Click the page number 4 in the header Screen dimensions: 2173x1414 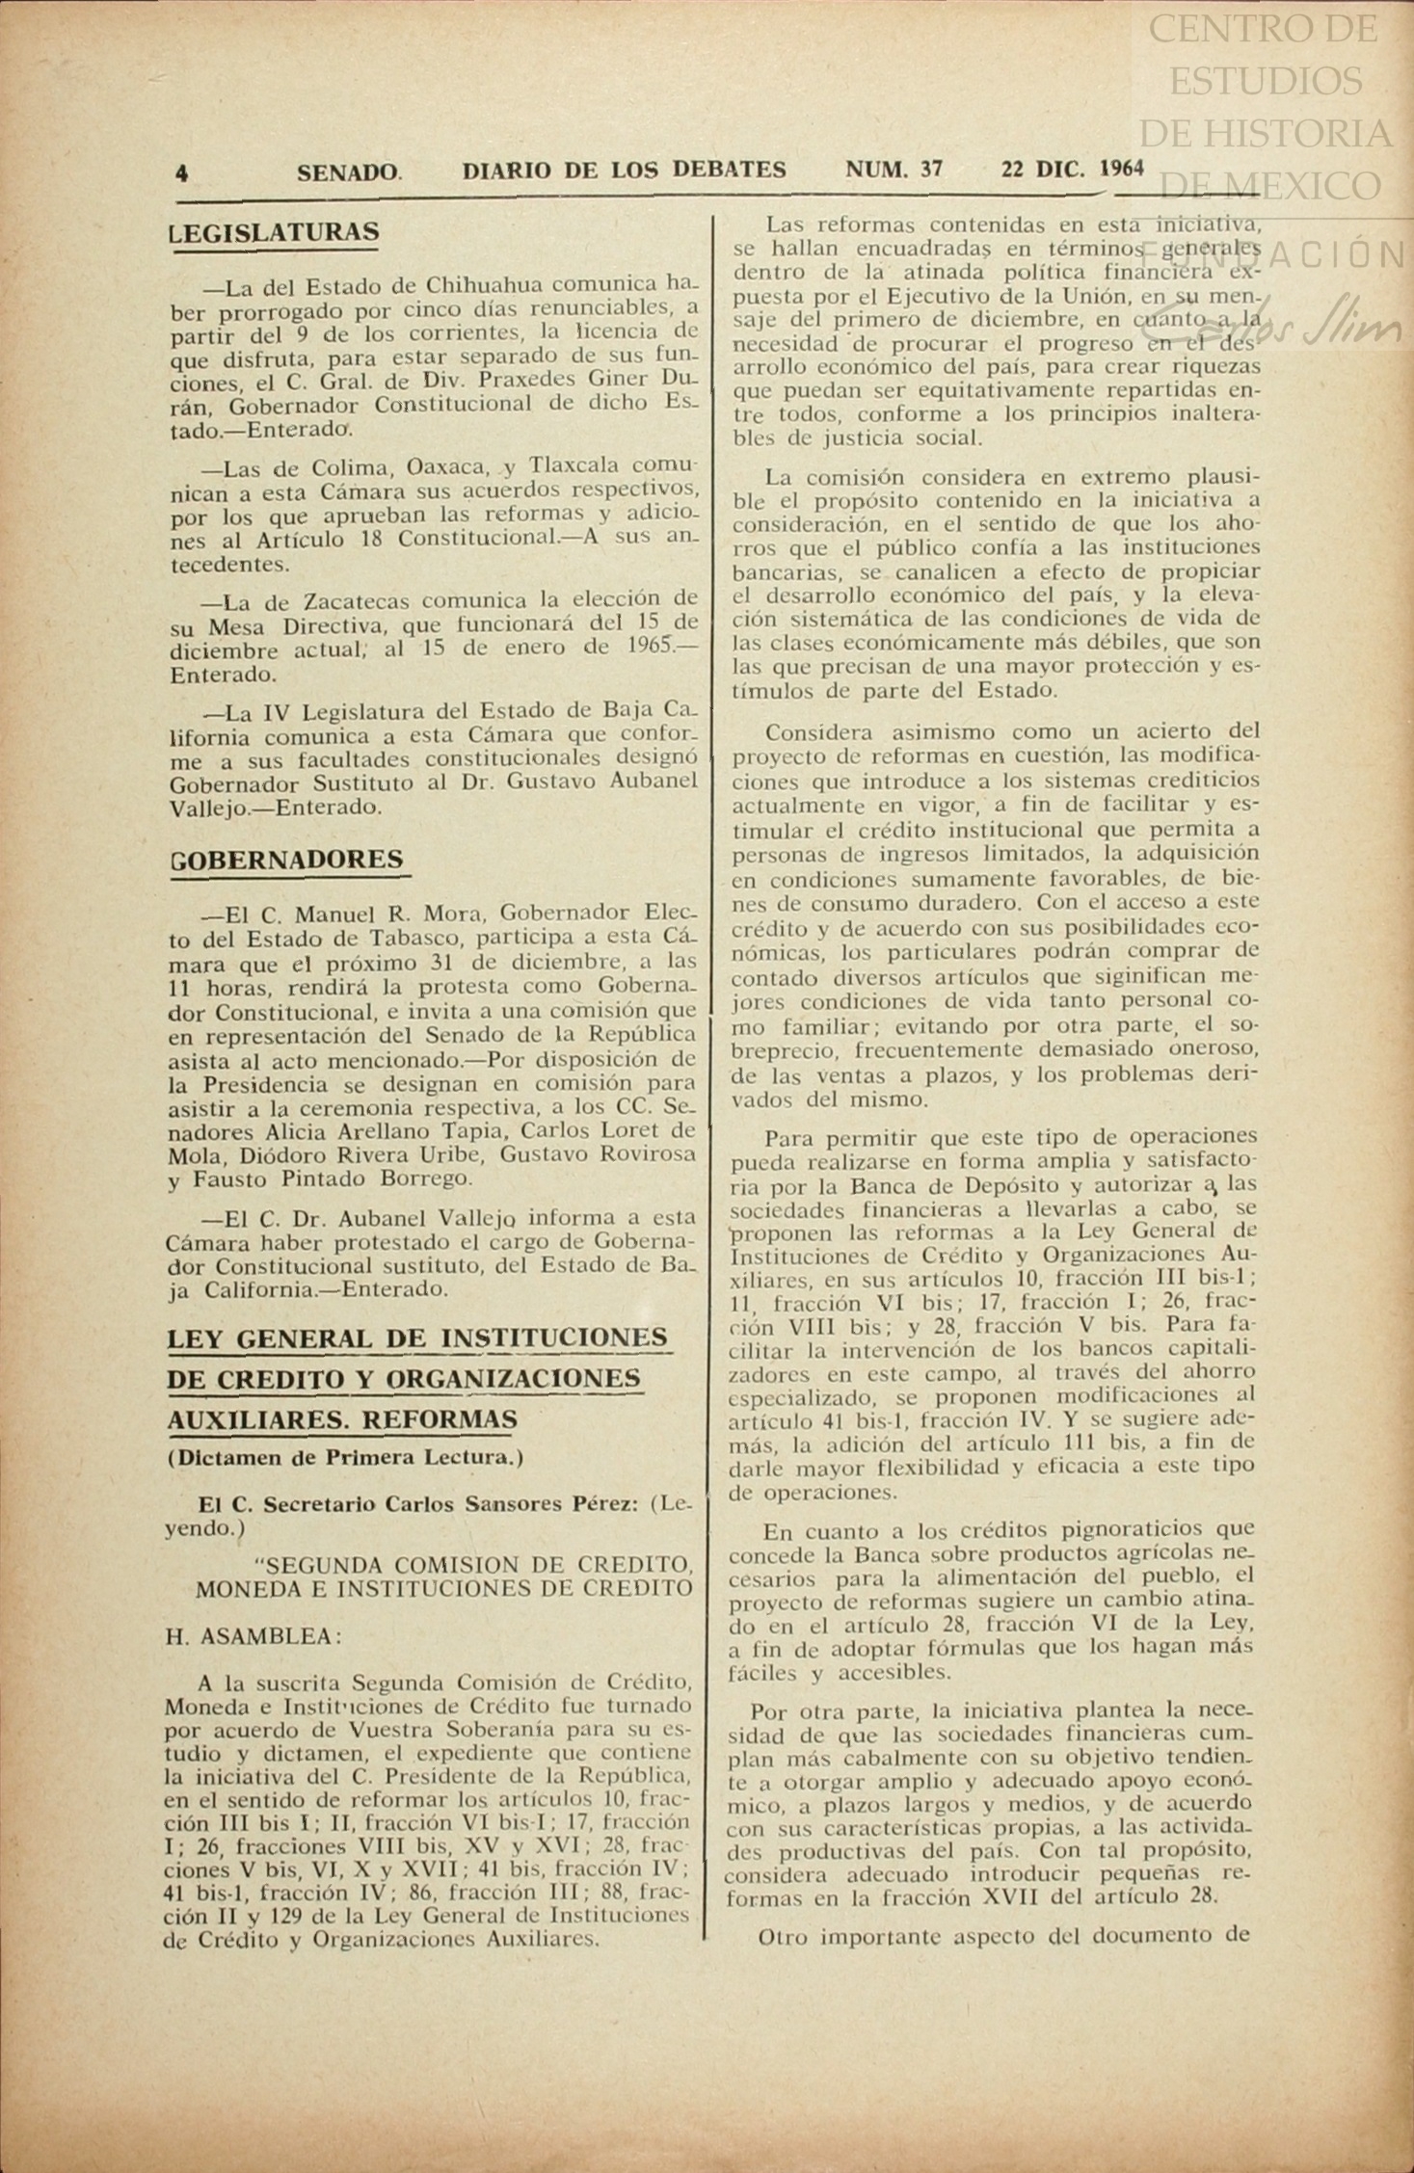click(181, 172)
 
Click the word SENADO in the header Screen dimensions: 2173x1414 click(349, 172)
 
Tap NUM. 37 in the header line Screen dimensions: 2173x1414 click(894, 170)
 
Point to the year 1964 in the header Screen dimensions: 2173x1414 click(1121, 169)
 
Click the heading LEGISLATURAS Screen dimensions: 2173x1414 click(274, 232)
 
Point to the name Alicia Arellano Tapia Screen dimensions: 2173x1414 click(346, 1132)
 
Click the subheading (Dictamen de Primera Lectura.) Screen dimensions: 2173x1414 click(345, 1457)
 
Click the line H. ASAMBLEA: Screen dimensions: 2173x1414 click(253, 1637)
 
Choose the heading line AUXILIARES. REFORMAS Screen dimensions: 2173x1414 click(343, 1420)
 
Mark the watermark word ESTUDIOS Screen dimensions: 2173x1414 click(1265, 81)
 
